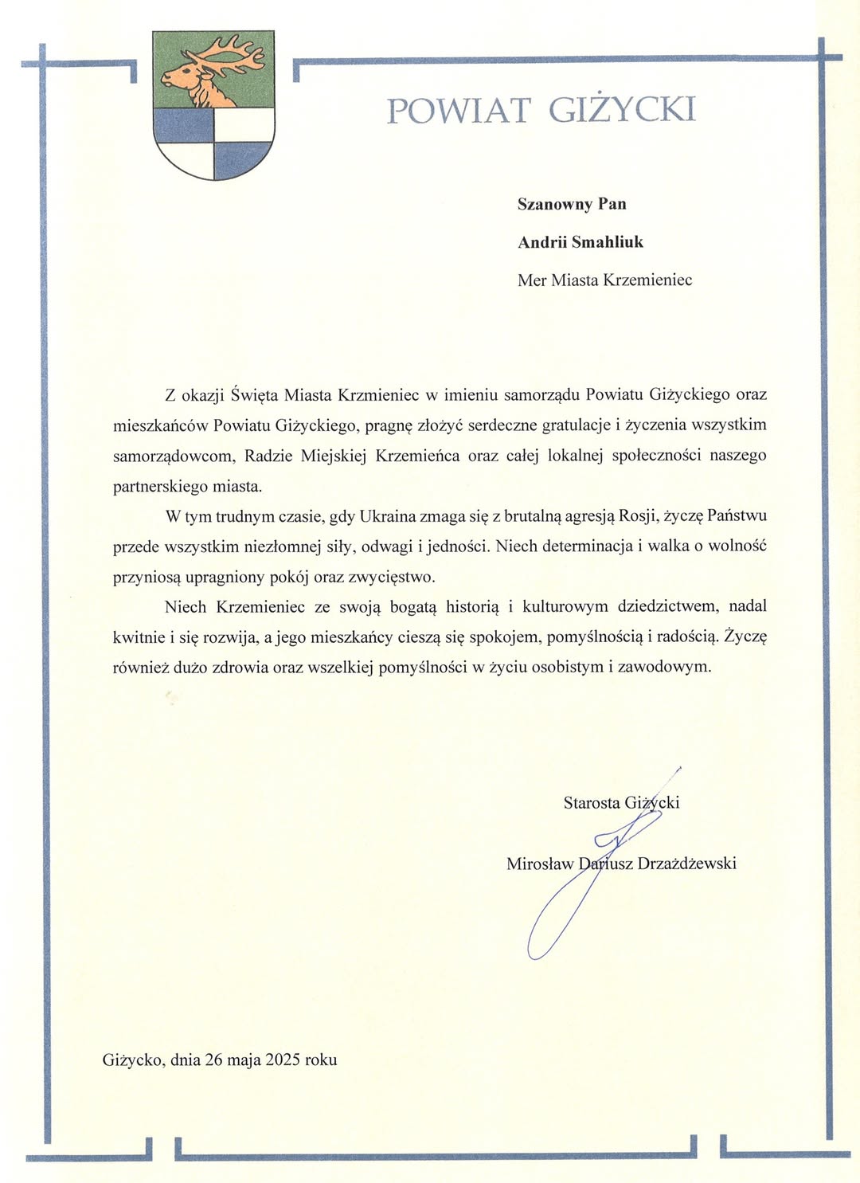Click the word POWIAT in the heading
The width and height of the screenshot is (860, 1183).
click(x=458, y=110)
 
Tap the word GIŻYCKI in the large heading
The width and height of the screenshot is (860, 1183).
click(x=622, y=110)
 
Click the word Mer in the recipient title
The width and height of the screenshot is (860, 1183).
click(x=532, y=280)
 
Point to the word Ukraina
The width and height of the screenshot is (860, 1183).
click(x=387, y=516)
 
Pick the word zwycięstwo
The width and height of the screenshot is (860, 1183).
click(x=393, y=577)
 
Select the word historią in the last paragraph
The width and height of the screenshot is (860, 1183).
click(x=472, y=607)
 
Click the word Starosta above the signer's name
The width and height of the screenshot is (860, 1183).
click(x=591, y=803)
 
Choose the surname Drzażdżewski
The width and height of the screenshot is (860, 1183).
click(x=687, y=864)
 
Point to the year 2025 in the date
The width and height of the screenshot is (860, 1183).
click(x=283, y=1060)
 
